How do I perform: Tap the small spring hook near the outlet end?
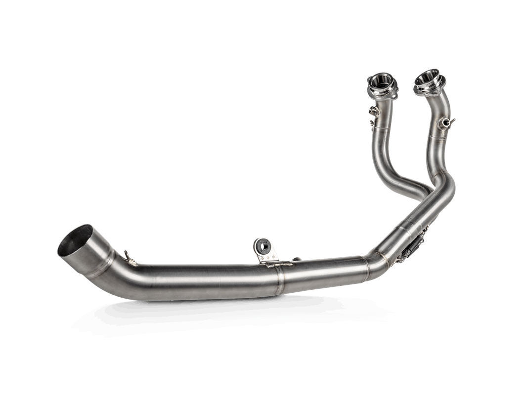128,255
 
